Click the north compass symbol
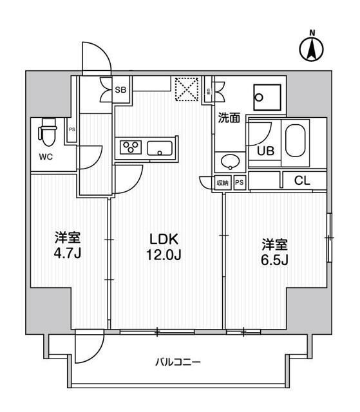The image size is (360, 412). [x=312, y=48]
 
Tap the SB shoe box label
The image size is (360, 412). [x=120, y=90]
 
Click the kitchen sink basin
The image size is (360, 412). [x=158, y=149]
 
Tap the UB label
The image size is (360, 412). [x=265, y=151]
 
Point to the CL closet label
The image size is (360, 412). [x=302, y=182]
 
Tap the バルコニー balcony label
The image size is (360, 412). [x=178, y=362]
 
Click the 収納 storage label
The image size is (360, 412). [x=222, y=182]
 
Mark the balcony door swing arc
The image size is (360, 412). [x=87, y=350]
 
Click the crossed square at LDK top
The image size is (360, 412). [x=188, y=89]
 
